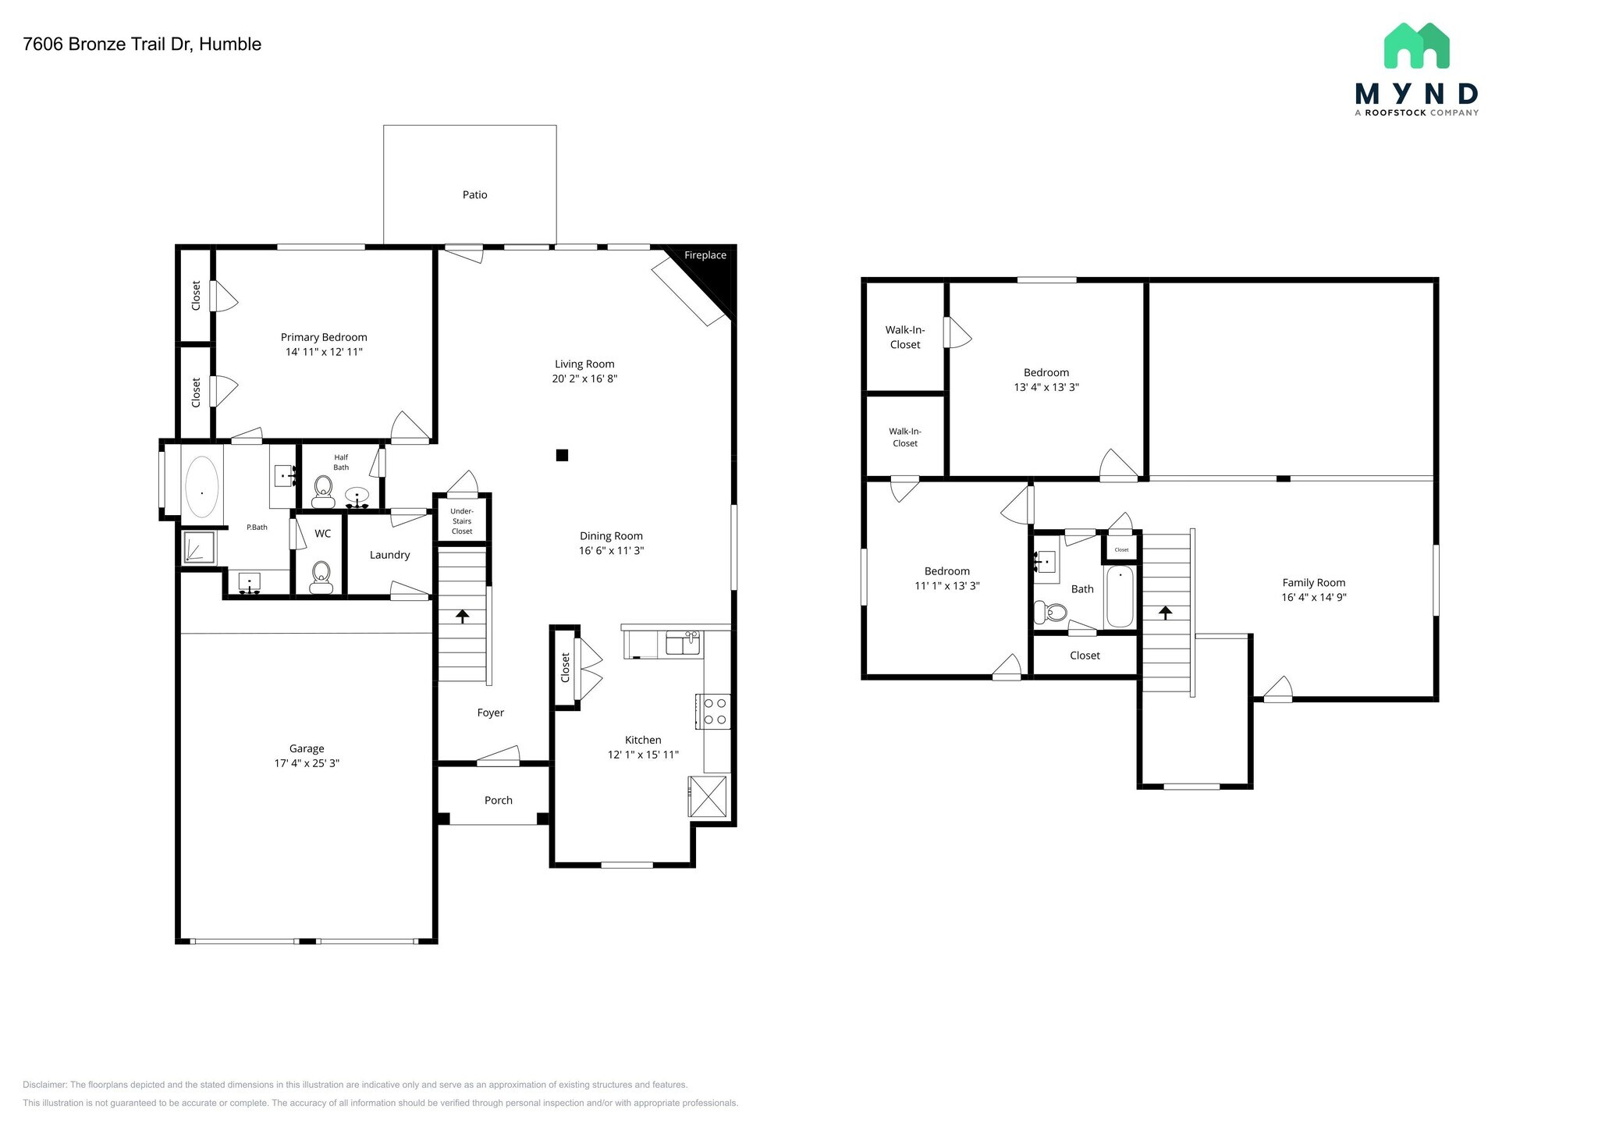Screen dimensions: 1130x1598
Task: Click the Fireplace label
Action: tap(705, 255)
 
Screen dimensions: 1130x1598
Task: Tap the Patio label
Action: tap(474, 195)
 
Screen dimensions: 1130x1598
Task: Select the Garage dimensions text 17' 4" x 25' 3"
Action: tap(307, 763)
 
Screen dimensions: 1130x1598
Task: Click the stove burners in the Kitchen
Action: tap(715, 711)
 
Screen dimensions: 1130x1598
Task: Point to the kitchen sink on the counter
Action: tap(682, 645)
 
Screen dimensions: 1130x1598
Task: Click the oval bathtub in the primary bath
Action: tap(202, 487)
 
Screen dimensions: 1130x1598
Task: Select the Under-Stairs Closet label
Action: tap(462, 521)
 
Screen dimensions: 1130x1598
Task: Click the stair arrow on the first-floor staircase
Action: tap(462, 616)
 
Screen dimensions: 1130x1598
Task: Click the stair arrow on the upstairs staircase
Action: tap(1166, 613)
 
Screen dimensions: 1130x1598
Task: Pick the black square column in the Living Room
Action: tap(562, 455)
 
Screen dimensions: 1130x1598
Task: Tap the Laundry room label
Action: tap(389, 555)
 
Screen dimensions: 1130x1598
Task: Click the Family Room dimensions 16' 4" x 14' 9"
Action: tap(1313, 598)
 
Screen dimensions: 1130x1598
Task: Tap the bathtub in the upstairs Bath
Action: tap(1120, 597)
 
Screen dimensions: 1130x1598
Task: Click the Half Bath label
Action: tap(341, 462)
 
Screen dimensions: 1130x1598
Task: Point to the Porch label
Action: tap(498, 800)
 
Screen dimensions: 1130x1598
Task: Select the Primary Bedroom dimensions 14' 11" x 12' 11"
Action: tap(324, 352)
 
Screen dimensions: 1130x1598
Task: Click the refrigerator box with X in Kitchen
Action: tap(708, 797)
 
